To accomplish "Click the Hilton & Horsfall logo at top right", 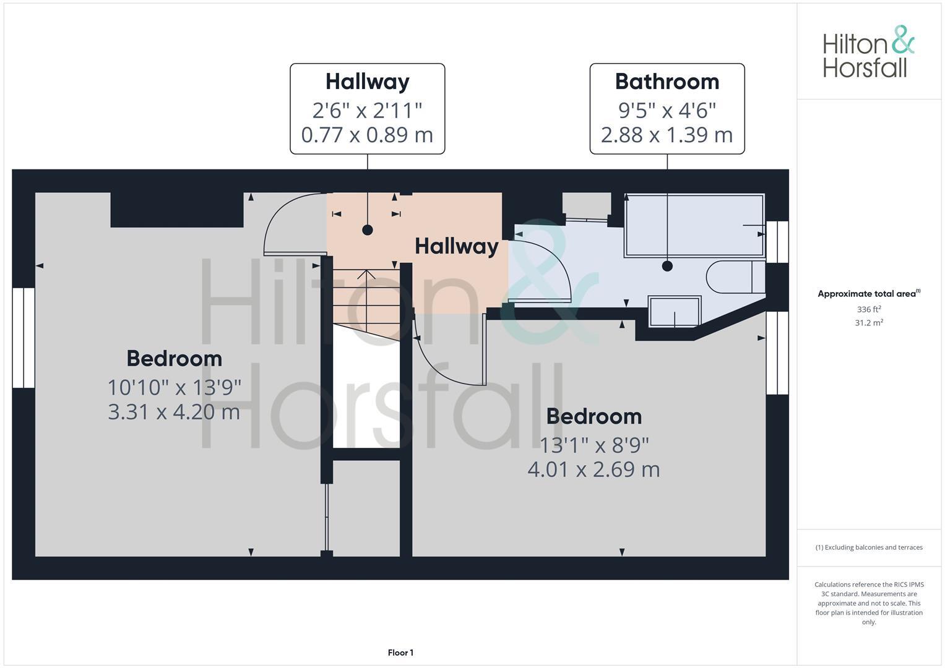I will (x=868, y=52).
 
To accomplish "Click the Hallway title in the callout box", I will (x=367, y=82).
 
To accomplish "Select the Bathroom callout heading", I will (x=667, y=82).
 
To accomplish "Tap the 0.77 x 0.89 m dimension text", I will (x=367, y=135).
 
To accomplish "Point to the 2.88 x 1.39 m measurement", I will (x=667, y=135).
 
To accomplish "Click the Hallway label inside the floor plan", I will (x=456, y=246).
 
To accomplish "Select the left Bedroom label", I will (x=174, y=359).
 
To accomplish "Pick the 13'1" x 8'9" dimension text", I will (x=594, y=445).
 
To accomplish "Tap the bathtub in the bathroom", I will (x=694, y=225).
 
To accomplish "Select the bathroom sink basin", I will (x=675, y=310).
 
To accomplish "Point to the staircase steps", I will (x=365, y=297).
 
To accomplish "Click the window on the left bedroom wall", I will (x=24, y=338).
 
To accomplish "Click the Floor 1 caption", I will (x=400, y=653).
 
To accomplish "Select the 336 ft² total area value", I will (x=868, y=309).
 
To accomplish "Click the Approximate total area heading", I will (x=868, y=294).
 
